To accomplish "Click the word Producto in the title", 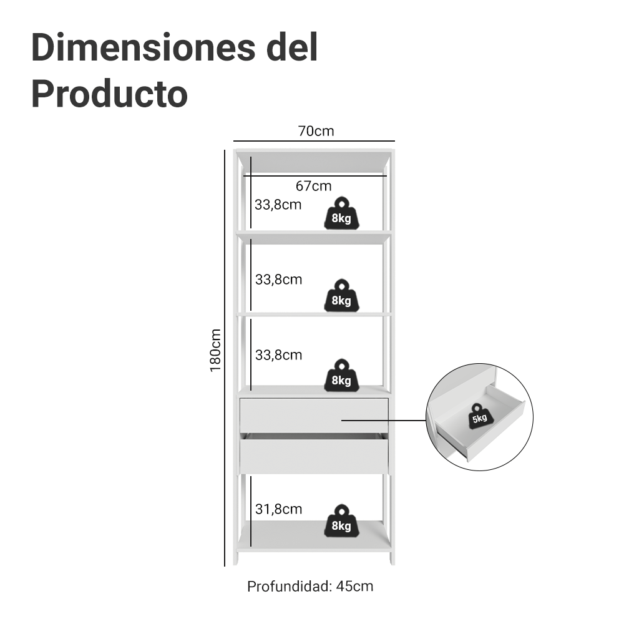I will click(109, 94).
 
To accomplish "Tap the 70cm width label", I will click(316, 131).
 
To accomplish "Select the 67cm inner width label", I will click(313, 186).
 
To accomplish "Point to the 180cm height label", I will click(215, 350).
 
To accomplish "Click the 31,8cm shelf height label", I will click(278, 509).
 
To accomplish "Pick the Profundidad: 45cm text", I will click(310, 587).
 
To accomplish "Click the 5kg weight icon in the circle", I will click(479, 416).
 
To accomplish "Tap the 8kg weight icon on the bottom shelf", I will click(341, 520).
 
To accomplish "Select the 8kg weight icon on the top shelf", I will click(341, 213).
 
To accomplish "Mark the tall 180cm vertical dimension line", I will click(225, 358).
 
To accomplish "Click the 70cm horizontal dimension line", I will click(314, 140).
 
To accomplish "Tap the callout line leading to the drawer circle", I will click(384, 420).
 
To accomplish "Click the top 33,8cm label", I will click(278, 205).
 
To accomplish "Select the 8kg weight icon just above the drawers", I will click(341, 376).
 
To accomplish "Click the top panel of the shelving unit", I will click(313, 160).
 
